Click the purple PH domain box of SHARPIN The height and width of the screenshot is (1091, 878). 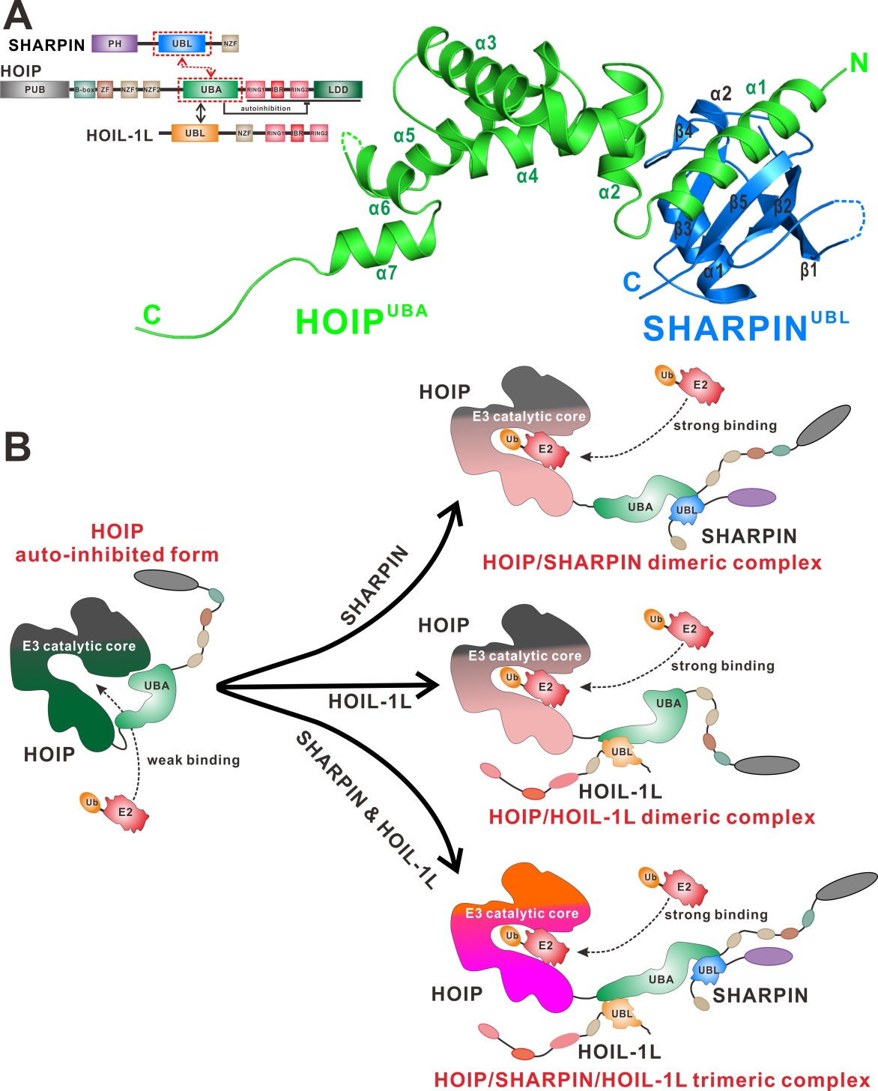pos(115,43)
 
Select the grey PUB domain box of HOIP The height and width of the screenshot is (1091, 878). pos(34,90)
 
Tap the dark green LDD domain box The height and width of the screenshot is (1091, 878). pos(338,90)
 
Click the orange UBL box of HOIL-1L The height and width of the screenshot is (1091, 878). pos(195,133)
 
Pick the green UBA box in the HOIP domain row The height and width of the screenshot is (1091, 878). pos(211,90)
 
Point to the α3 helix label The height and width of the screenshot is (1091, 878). pos(485,43)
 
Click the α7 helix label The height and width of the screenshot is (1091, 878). pos(387,273)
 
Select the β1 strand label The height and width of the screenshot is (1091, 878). pos(808,270)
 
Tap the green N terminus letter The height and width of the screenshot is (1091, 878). pos(859,64)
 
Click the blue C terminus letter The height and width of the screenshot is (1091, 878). pos(632,282)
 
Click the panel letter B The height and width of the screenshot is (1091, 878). pos(18,447)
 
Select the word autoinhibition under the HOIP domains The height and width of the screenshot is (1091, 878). pos(265,109)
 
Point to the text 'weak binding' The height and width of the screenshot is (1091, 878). pos(193,760)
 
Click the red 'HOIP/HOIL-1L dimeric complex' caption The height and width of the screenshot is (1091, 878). pos(652,817)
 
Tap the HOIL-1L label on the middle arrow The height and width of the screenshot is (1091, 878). pos(369,701)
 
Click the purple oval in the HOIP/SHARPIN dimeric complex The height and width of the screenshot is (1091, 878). pos(751,497)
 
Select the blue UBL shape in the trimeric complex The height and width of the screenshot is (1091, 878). pos(707,969)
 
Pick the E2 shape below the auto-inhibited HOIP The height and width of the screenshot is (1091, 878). pos(126,812)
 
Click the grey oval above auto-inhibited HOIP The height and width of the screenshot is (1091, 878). pos(166,580)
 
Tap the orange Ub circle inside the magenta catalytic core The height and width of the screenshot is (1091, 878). pos(512,936)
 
